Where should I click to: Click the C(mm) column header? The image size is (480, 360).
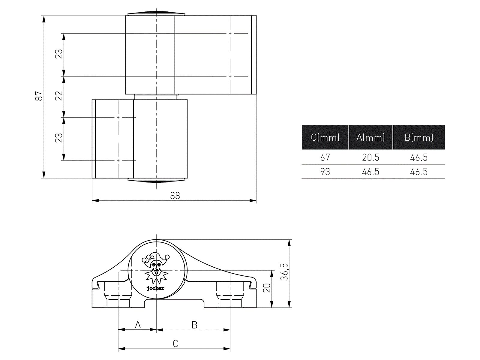click(x=325, y=137)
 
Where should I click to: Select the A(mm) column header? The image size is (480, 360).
click(x=370, y=137)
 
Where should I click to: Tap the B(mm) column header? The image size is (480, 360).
click(x=419, y=137)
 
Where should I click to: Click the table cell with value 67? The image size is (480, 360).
click(x=325, y=157)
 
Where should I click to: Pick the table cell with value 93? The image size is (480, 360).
click(x=325, y=172)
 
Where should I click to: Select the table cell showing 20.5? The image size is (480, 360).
click(x=370, y=157)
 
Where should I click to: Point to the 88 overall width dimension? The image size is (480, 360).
click(x=175, y=196)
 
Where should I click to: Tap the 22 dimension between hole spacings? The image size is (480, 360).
click(x=59, y=96)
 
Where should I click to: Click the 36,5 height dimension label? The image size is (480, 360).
click(x=284, y=272)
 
